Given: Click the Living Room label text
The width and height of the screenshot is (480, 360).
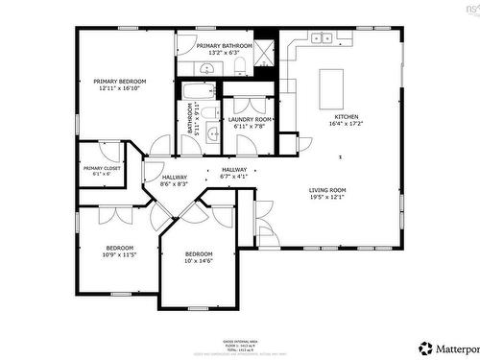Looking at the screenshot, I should point(327,191).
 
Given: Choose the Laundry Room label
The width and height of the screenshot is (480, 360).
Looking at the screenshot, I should point(252,119).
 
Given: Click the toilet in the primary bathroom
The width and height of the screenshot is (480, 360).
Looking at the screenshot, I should point(241,65).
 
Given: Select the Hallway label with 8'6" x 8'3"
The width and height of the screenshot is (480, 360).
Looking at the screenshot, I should point(175,180).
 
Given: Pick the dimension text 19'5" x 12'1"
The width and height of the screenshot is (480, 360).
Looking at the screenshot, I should point(327,198).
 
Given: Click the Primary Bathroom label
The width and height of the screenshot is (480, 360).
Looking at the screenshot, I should point(224,45).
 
